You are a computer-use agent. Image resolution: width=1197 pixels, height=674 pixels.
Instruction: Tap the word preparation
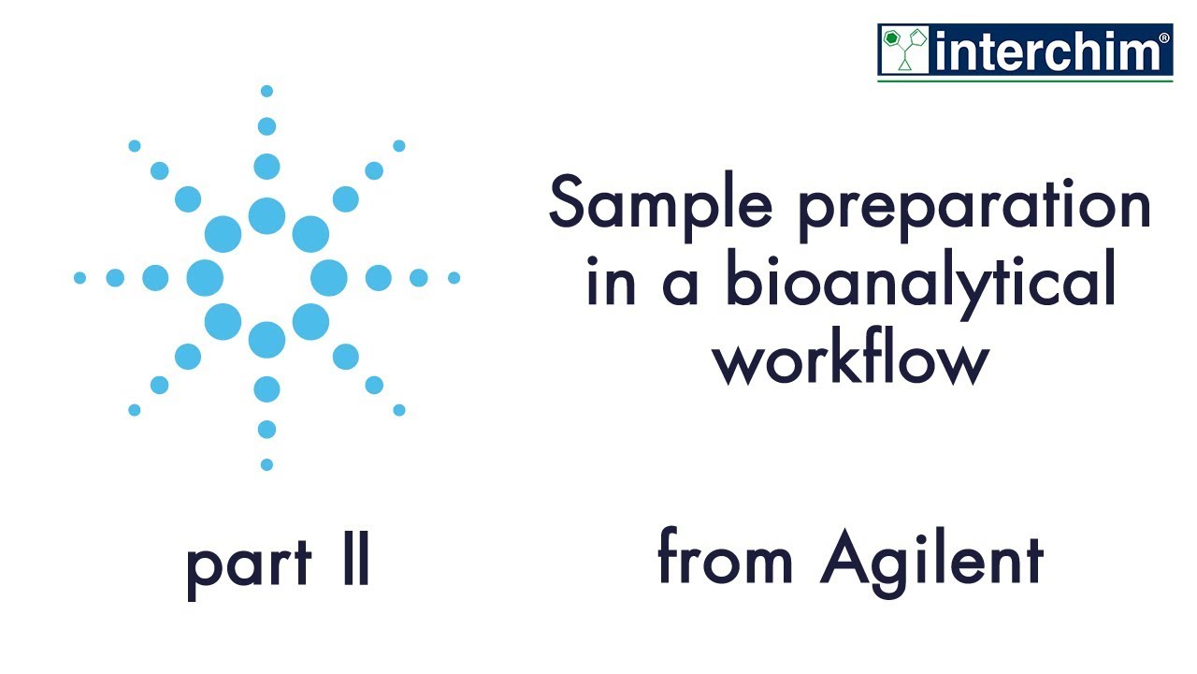(973, 207)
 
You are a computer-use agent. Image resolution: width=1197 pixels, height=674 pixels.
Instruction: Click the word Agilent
(931, 559)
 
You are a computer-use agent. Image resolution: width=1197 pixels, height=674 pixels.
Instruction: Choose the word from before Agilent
(726, 559)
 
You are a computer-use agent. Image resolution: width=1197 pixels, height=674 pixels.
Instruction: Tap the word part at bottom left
(248, 564)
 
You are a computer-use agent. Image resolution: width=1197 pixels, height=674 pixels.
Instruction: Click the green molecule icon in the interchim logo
(903, 51)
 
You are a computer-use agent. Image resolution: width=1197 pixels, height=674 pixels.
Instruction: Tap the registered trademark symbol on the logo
(1163, 38)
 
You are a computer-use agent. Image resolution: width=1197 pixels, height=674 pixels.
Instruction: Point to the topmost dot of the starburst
(267, 91)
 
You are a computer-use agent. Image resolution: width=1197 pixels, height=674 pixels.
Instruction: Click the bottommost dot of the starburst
(267, 464)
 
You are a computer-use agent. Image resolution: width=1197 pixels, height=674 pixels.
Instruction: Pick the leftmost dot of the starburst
(79, 278)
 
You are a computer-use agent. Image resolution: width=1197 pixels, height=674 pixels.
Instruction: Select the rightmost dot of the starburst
(454, 278)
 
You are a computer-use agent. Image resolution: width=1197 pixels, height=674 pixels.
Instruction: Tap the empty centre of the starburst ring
(267, 278)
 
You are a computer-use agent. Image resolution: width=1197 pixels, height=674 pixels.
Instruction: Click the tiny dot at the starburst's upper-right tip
(399, 146)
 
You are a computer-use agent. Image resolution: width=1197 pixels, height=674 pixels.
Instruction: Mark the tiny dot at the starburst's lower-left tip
(135, 410)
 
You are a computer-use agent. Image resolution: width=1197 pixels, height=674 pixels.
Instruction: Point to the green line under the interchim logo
(1025, 81)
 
